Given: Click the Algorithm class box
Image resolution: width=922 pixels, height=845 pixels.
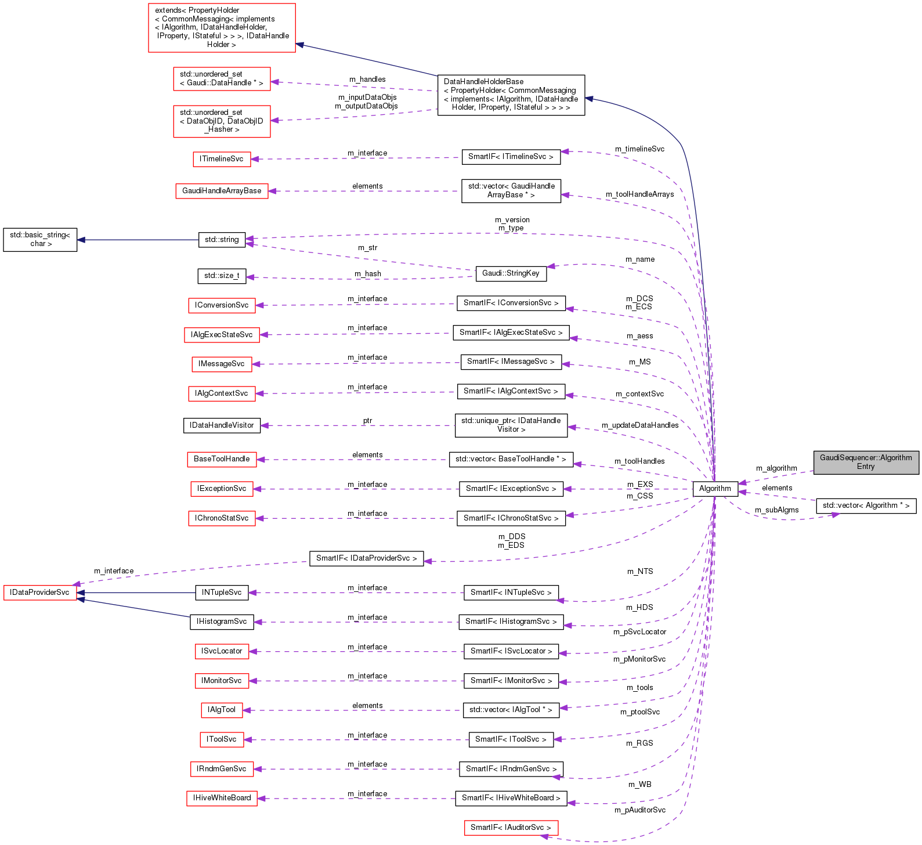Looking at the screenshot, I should point(715,489).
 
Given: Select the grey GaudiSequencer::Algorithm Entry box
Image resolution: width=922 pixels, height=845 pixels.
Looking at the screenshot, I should point(866,462).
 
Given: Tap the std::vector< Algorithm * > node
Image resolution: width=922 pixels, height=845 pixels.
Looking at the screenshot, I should point(866,505).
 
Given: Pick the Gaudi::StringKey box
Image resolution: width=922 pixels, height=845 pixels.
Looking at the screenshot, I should point(511,273).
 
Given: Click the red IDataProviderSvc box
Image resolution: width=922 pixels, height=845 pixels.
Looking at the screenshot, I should point(39,593).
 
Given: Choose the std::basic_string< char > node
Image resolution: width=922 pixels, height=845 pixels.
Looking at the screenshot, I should point(40,240).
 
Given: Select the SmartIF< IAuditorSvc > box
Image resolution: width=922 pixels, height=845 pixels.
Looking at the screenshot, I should point(511,828).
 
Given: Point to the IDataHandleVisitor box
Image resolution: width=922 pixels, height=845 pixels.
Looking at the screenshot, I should point(222,425).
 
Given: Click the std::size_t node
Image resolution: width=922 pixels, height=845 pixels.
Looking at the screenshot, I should point(222,276).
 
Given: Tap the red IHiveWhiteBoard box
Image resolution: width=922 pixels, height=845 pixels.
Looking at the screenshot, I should point(222,798).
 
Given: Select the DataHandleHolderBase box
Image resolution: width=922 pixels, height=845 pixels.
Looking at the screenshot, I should point(511,95).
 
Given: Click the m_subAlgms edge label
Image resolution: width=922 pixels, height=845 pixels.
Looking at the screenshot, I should point(776,510).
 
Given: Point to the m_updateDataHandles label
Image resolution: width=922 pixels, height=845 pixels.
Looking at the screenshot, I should point(640,425).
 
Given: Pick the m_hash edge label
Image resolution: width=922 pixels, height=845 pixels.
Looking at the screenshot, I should point(368,274).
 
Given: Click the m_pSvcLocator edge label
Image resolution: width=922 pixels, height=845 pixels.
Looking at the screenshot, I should point(639,632).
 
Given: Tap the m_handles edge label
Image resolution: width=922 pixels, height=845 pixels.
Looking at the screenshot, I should point(367,80).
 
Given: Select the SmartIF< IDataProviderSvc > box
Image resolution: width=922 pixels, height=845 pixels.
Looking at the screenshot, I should point(366,558).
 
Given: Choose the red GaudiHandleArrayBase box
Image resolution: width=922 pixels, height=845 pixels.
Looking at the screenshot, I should point(222,191).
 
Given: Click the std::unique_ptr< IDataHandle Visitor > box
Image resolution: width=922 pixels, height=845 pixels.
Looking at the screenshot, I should point(511,425).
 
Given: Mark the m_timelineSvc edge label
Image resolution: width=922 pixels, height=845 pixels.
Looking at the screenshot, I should point(639,149).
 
